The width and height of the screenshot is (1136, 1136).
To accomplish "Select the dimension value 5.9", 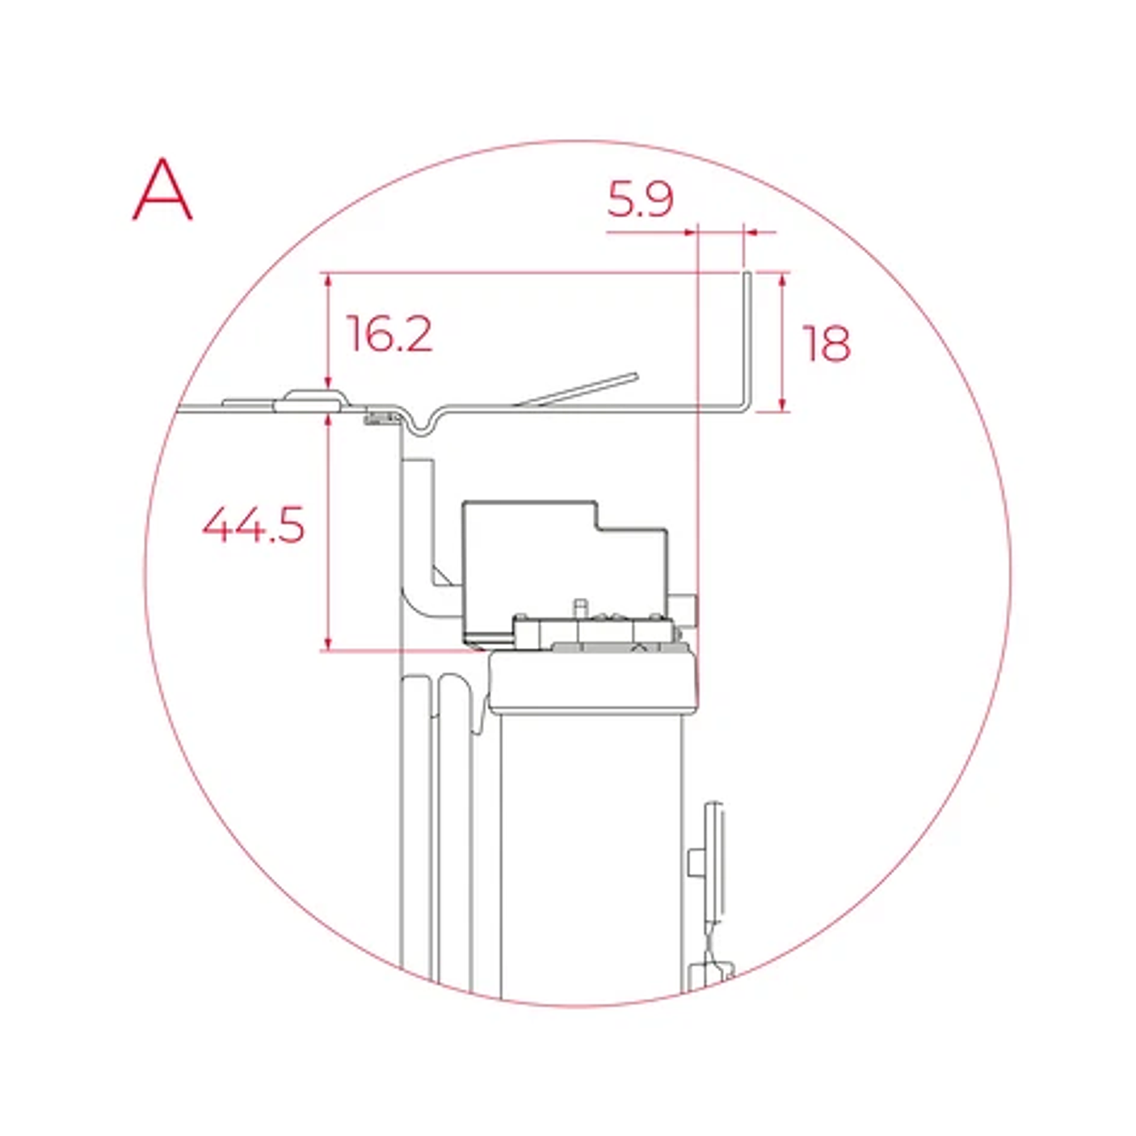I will tap(640, 199).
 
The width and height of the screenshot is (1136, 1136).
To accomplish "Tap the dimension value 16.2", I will tap(389, 334).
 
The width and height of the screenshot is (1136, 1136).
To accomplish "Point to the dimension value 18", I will tap(826, 343).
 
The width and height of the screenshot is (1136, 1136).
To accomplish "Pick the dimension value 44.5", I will tap(253, 525).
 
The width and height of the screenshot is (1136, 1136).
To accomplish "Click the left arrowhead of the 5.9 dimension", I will tap(689, 233).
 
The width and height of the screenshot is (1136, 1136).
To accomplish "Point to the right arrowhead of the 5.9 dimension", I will tap(751, 233).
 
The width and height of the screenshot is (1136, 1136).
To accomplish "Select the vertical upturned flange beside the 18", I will tap(747, 339).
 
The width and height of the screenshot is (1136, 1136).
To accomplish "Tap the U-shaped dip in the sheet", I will tap(420, 426).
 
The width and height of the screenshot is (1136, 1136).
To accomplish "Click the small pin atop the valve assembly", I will tap(579, 607).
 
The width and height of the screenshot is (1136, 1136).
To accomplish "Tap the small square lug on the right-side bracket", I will tap(693, 862).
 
